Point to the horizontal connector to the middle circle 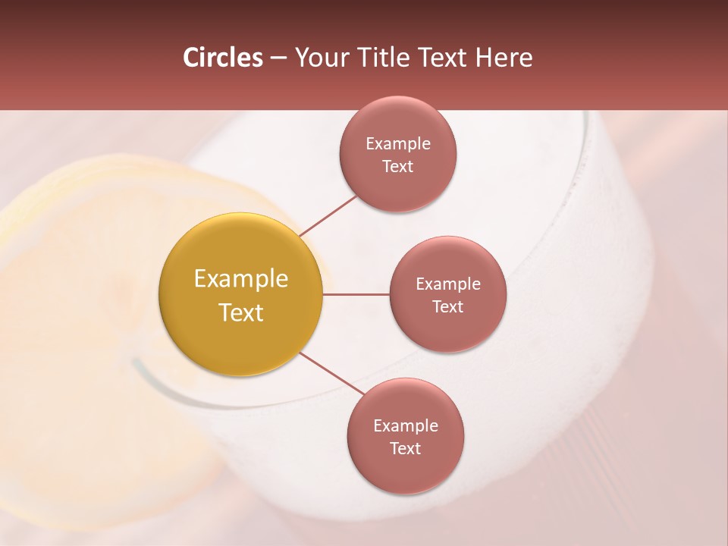[356, 294]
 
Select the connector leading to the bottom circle [332, 372]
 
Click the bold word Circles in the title [223, 58]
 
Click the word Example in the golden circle [241, 279]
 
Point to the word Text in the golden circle [241, 312]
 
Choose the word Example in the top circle [397, 143]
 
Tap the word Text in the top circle [397, 166]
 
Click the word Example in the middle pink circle [447, 284]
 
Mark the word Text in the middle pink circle [447, 306]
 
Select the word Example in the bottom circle [405, 425]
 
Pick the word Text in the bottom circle [405, 448]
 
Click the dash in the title [278, 58]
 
